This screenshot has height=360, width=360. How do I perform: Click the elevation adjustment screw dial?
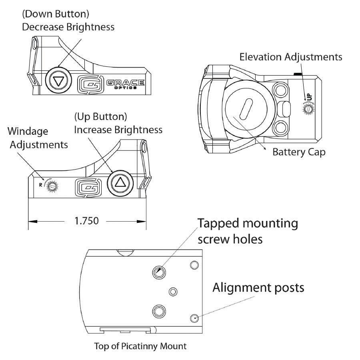pyautogui.click(x=308, y=108)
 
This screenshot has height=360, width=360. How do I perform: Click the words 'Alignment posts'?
pyautogui.click(x=258, y=287)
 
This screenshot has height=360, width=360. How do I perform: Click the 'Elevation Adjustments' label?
pyautogui.click(x=291, y=57)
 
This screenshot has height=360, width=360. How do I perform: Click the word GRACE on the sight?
pyautogui.click(x=125, y=82)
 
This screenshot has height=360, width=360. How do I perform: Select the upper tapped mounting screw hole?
pyautogui.click(x=159, y=272)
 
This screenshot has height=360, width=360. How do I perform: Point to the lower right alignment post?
pyautogui.click(x=194, y=318)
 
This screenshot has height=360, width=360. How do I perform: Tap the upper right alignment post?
pyautogui.click(x=194, y=265)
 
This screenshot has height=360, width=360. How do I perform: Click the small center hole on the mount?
pyautogui.click(x=173, y=292)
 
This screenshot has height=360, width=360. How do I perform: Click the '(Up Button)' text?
pyautogui.click(x=100, y=117)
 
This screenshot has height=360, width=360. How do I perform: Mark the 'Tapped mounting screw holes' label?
pyautogui.click(x=248, y=231)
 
